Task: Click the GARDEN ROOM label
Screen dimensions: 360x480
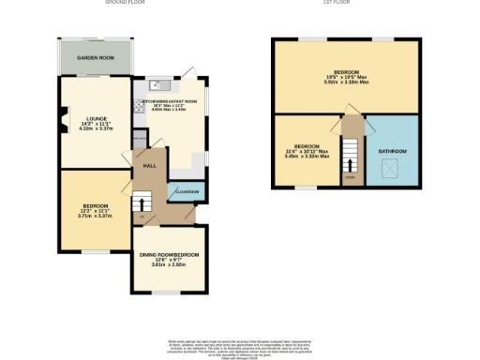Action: [96, 57]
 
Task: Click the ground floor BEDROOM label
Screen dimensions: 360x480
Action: [95, 205]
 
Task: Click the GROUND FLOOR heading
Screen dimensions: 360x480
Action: [127, 4]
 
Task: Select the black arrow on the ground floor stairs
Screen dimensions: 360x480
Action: [142, 199]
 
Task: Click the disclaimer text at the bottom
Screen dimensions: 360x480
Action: [239, 346]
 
